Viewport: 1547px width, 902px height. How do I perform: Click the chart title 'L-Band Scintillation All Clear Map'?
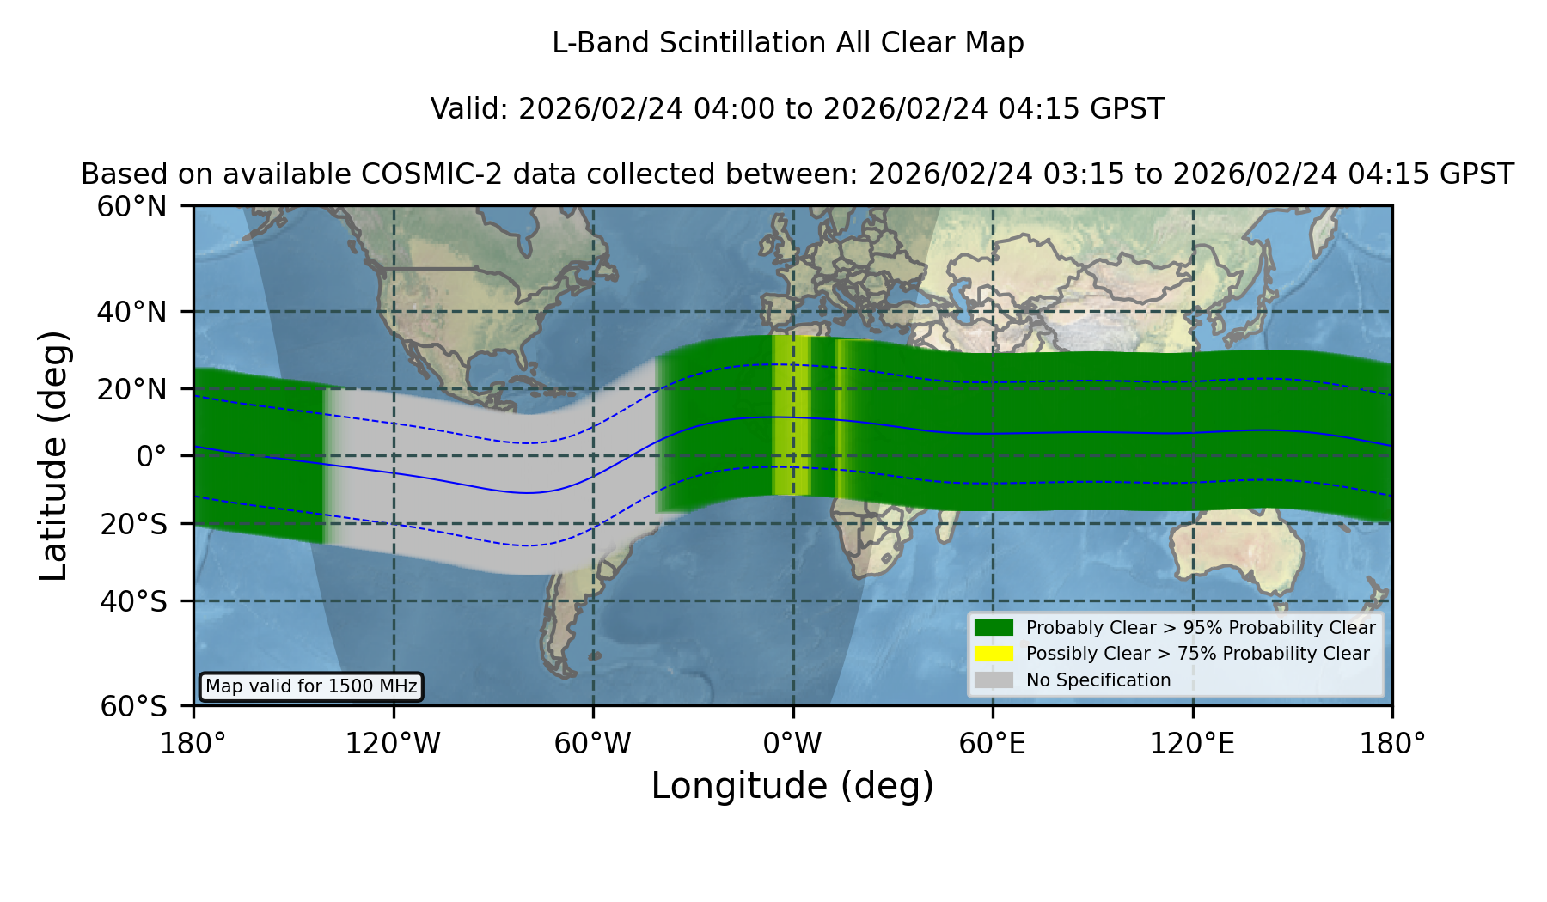[787, 42]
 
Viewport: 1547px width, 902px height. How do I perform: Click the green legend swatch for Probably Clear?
[994, 628]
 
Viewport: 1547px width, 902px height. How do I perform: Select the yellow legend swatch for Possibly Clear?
[994, 654]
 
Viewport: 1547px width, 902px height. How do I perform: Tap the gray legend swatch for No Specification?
[994, 680]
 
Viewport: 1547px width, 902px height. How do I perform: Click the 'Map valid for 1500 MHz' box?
[311, 686]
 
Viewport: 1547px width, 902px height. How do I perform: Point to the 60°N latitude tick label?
[131, 206]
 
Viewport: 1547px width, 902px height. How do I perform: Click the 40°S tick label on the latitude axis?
[133, 601]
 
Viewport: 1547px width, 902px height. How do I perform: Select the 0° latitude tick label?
[151, 456]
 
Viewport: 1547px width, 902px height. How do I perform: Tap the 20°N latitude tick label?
[131, 389]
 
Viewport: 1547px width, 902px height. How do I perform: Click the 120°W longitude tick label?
[393, 743]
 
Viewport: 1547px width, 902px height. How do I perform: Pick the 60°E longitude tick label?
[993, 743]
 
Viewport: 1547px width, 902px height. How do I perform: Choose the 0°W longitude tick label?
[792, 743]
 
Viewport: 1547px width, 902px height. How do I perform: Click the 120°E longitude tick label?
[1192, 743]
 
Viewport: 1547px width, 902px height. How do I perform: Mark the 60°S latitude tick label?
[133, 706]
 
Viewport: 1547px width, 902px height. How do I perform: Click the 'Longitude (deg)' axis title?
[792, 786]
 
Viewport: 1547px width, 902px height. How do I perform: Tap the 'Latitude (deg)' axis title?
[53, 455]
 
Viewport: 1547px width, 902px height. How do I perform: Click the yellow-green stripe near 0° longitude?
[792, 416]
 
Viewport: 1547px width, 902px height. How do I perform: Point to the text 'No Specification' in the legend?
[1098, 680]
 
